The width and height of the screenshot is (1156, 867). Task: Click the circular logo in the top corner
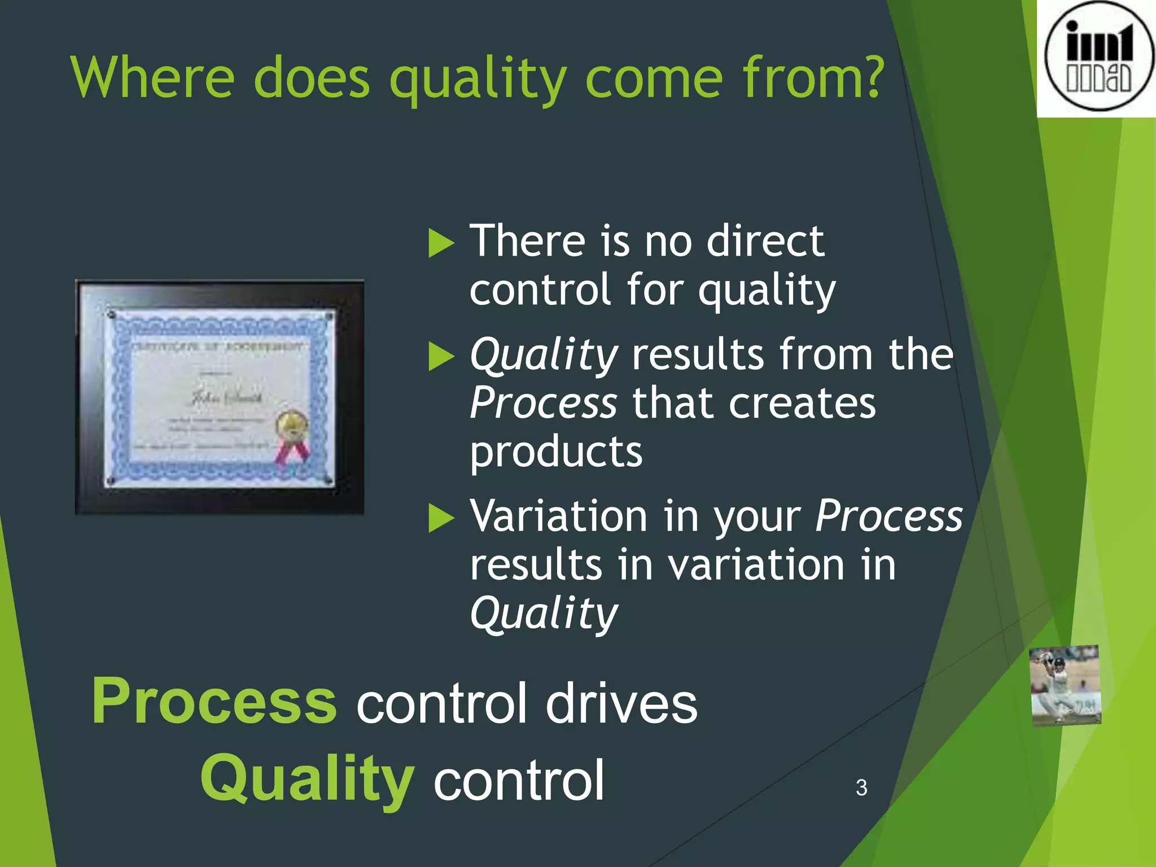coord(1097,56)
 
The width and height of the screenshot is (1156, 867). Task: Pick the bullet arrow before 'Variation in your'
coord(441,518)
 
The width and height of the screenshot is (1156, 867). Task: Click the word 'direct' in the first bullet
coord(765,241)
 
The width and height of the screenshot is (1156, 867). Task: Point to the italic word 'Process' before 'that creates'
coord(544,404)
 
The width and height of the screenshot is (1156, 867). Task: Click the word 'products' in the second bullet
coord(556,452)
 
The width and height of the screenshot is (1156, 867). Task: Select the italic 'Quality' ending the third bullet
coord(544,614)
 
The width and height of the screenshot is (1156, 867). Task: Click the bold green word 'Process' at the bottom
coord(214,701)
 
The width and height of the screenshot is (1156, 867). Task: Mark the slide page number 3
coord(861,787)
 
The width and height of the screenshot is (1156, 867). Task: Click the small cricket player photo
coord(1065,685)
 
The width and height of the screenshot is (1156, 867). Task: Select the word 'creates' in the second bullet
coord(802,404)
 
